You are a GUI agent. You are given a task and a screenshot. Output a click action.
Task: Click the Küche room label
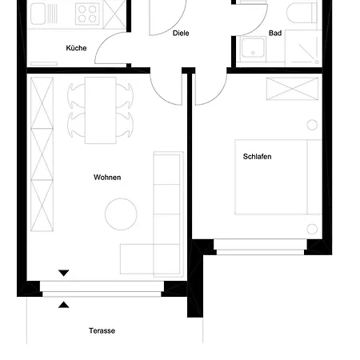[x=76, y=49]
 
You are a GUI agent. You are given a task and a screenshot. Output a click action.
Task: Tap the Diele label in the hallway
[x=181, y=34]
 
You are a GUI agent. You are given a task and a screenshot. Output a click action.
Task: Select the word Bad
[x=275, y=34]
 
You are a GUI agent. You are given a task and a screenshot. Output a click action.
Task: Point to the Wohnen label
[x=107, y=178]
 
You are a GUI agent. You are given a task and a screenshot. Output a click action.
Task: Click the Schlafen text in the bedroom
[x=257, y=157]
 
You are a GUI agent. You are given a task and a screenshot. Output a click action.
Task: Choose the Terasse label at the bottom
[x=102, y=330]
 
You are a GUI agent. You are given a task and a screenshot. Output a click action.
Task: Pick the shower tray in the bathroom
[x=303, y=50]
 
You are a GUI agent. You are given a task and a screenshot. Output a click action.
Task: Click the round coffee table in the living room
[x=121, y=214]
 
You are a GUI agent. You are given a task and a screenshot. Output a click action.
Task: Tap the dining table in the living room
[x=101, y=110]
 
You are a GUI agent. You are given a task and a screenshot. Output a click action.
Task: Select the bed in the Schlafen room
[x=270, y=176]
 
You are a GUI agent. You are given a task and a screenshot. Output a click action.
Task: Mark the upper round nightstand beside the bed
[x=312, y=125]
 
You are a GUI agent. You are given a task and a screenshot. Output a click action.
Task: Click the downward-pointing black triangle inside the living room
[x=64, y=274]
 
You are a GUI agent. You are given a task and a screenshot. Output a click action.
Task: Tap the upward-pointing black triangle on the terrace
[x=64, y=304]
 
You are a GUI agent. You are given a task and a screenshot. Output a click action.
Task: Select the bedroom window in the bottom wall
[x=260, y=251]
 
